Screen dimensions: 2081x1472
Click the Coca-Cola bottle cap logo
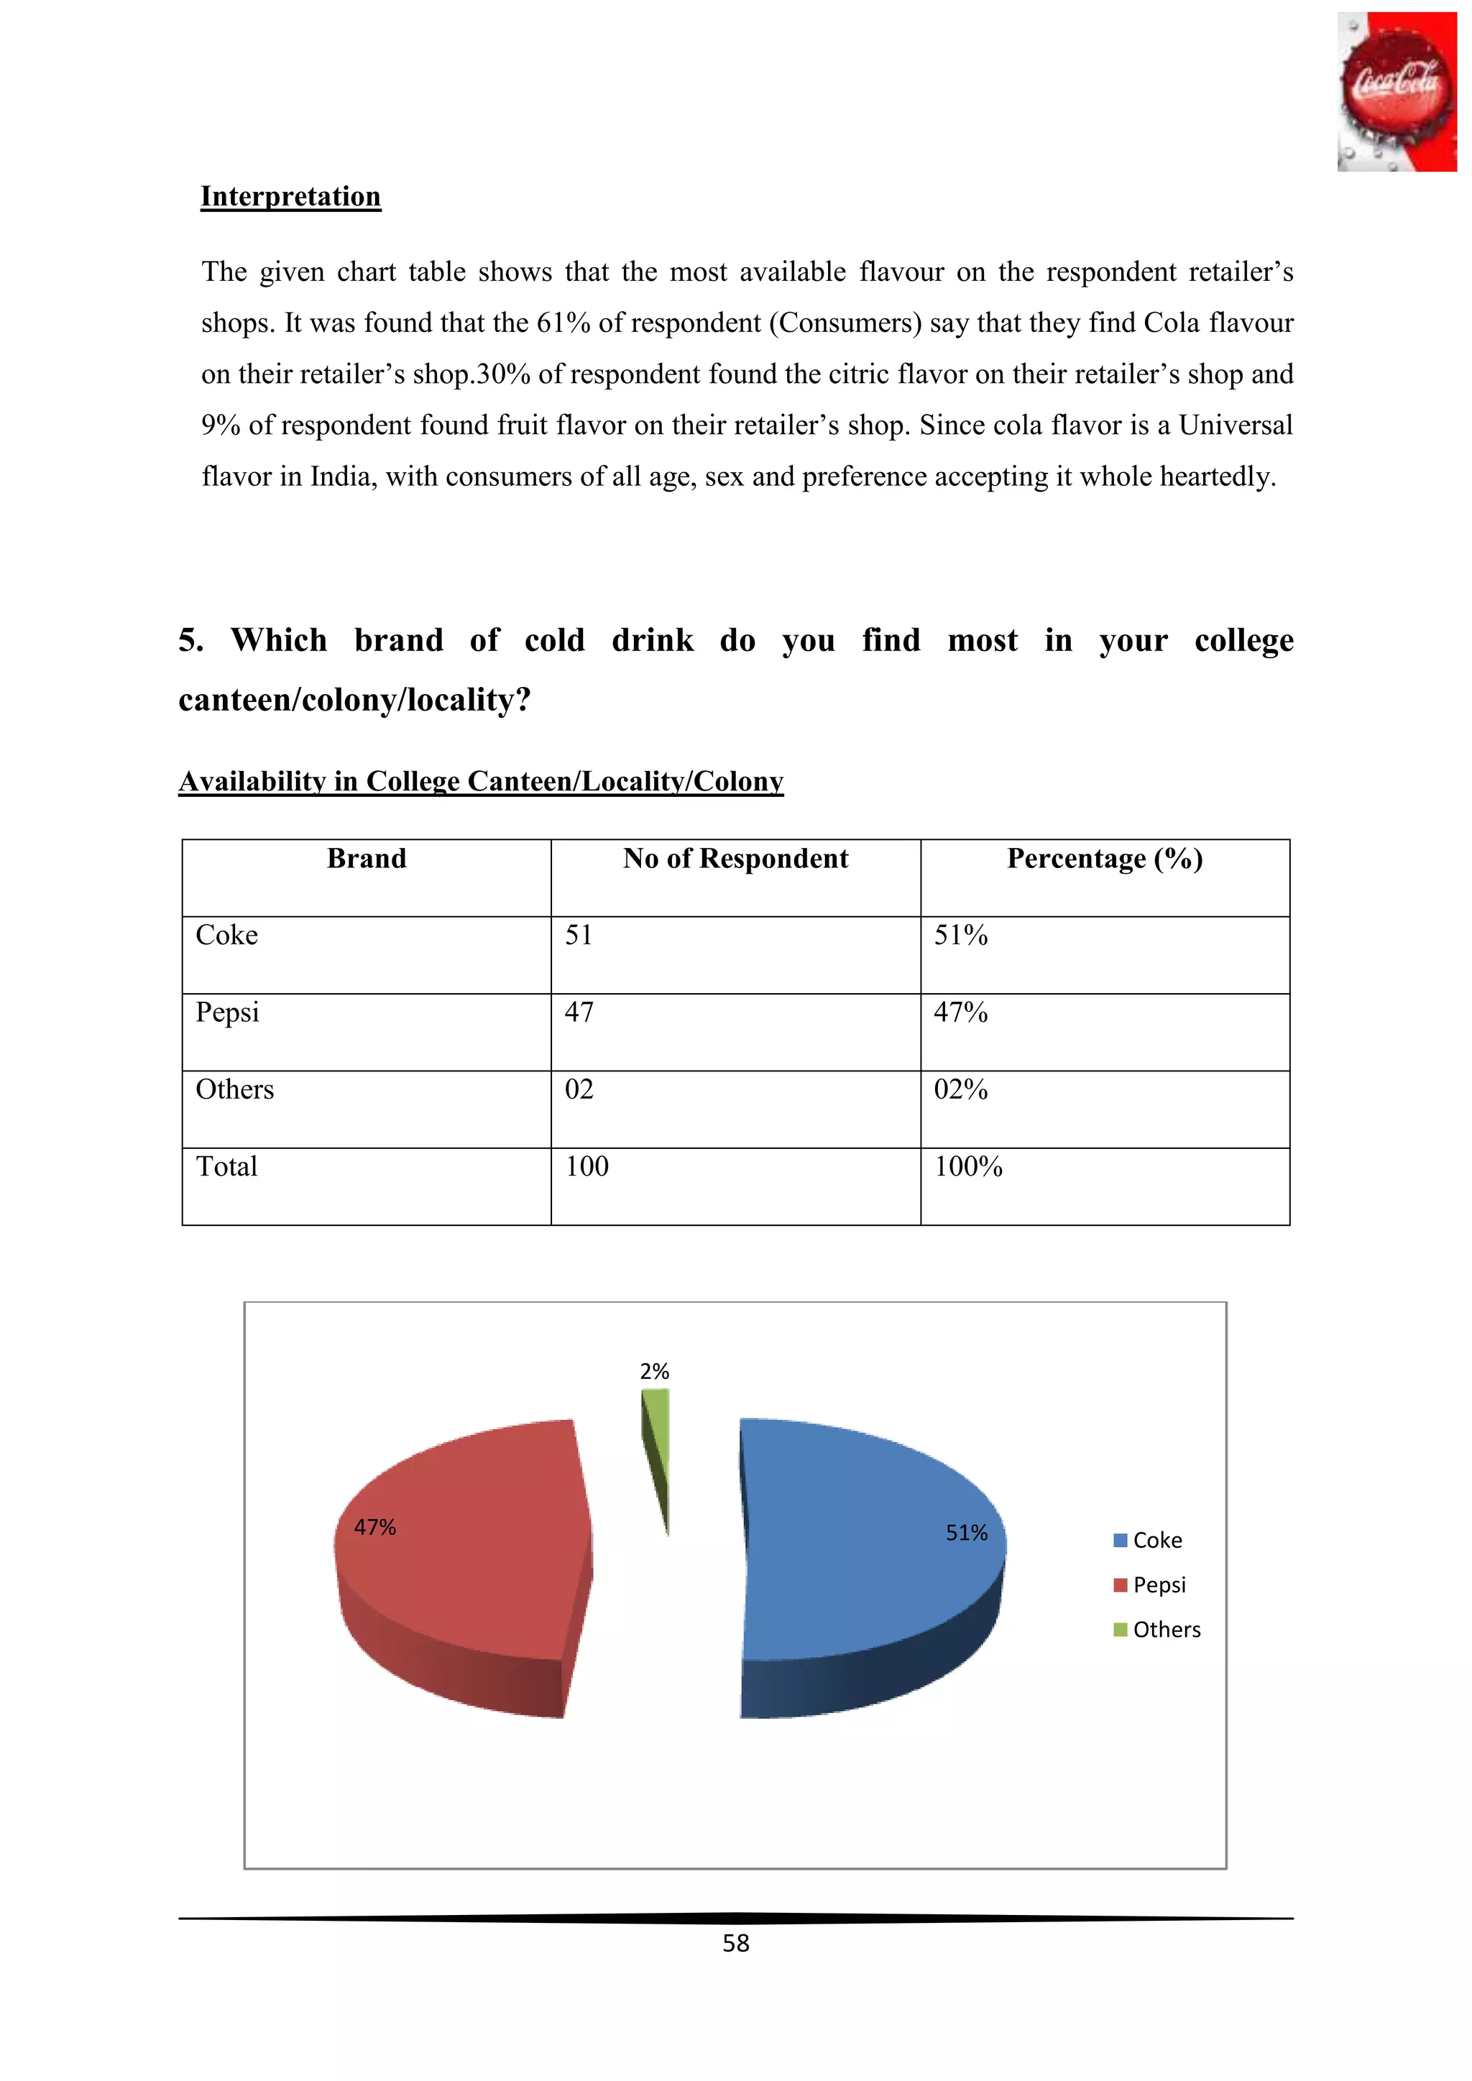point(1396,91)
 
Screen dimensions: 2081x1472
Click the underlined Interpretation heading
point(290,197)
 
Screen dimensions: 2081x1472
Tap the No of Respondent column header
point(735,859)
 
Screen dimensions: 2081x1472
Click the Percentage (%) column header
point(1104,859)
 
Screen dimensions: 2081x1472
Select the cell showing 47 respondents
point(579,1012)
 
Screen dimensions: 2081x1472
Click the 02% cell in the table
point(961,1089)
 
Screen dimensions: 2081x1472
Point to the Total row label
point(226,1166)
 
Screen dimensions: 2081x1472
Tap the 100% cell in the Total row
point(968,1166)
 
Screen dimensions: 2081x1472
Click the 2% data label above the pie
point(655,1371)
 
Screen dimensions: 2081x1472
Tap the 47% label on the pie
point(375,1528)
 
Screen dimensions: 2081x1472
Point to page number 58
point(735,1943)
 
